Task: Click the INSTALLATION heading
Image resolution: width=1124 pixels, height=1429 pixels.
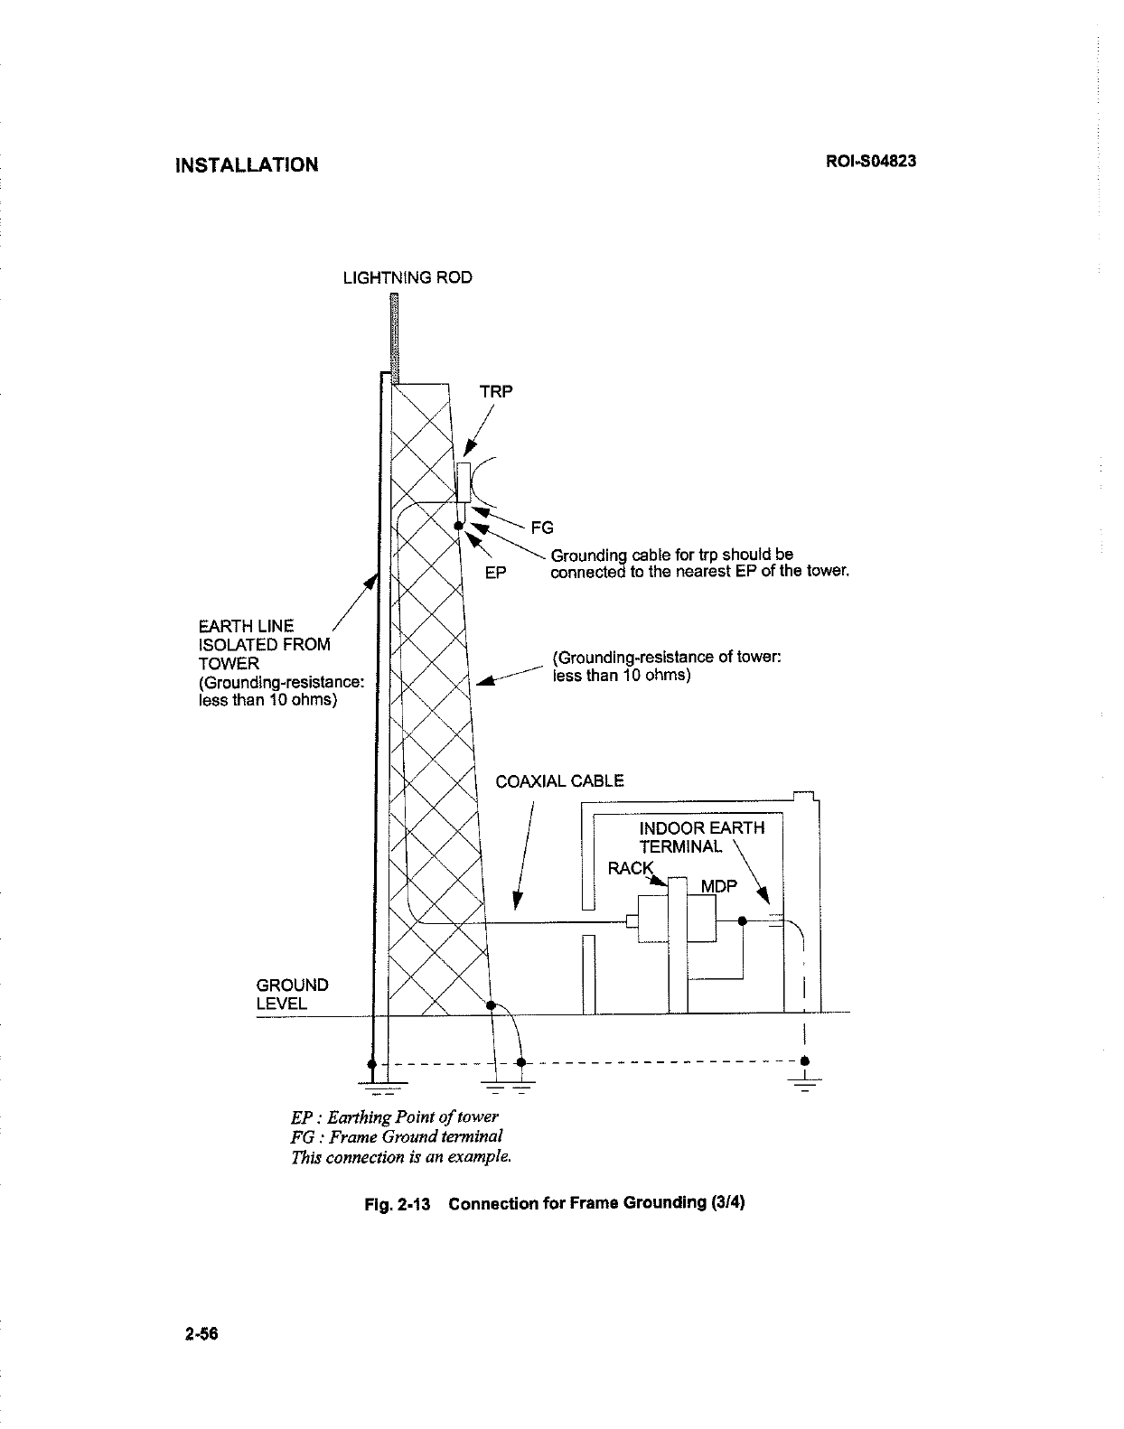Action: (x=246, y=165)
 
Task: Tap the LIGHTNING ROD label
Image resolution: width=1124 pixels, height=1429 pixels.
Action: (x=407, y=277)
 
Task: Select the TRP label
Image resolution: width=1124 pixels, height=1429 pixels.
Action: (x=495, y=392)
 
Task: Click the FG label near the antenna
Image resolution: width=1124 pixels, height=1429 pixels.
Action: (x=541, y=528)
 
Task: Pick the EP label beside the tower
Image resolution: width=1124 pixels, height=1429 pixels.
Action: (x=495, y=573)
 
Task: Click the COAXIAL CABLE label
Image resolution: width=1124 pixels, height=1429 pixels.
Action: (x=559, y=781)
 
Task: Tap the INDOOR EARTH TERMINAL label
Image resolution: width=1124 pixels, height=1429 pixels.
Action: (x=701, y=837)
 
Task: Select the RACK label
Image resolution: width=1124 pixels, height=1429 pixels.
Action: (x=630, y=868)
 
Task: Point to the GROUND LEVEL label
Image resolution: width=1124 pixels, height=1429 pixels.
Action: (x=293, y=994)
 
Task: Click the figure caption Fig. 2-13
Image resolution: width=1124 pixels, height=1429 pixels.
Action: (x=557, y=1204)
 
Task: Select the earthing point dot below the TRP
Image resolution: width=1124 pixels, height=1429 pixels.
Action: (x=459, y=525)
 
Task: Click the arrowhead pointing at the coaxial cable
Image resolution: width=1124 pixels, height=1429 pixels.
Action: (x=518, y=901)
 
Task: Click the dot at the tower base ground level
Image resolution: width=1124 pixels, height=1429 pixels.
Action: (x=491, y=1004)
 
